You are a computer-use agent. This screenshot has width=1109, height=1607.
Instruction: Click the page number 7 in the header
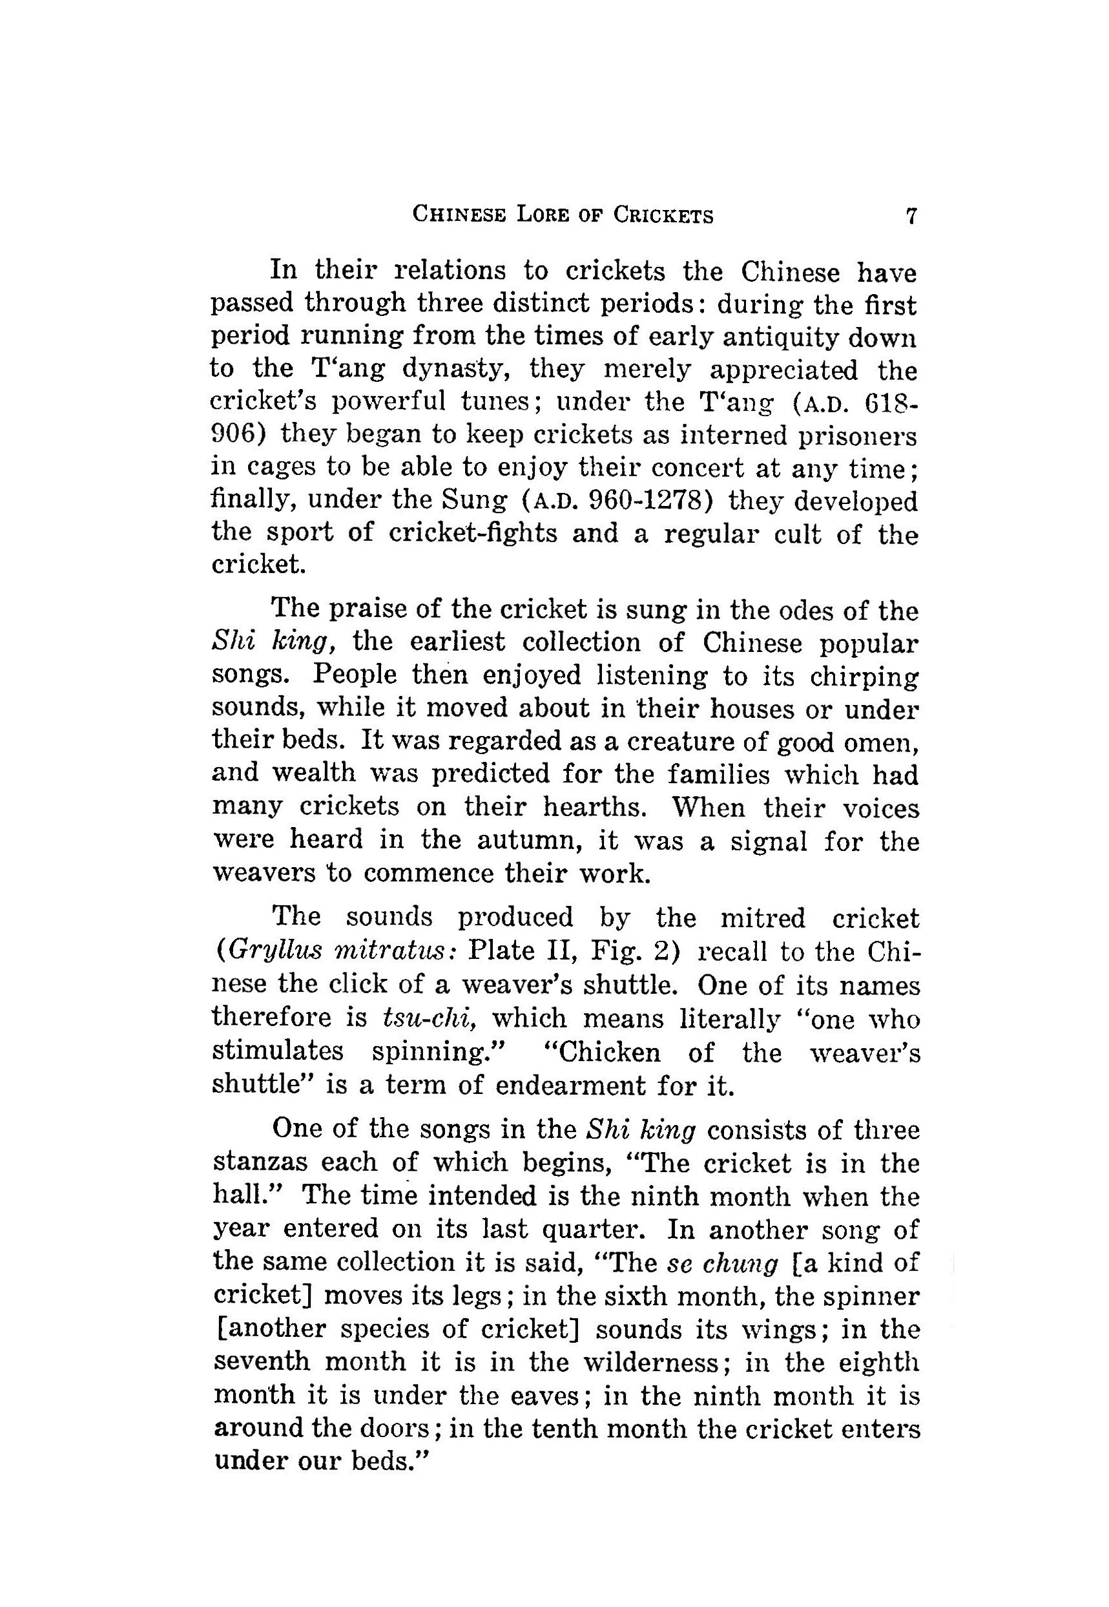(911, 216)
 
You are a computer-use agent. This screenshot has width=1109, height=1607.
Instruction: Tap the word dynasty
(457, 369)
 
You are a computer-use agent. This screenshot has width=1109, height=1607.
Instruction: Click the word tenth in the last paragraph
(562, 1426)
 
